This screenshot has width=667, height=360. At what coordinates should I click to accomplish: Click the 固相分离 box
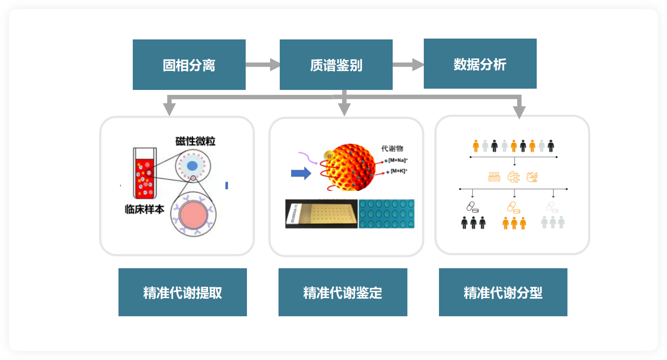point(189,65)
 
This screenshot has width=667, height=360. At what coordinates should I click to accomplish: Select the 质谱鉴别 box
point(336,65)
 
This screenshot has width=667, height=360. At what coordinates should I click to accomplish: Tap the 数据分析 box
point(480,64)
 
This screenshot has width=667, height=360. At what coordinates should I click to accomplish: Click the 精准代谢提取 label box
point(182,292)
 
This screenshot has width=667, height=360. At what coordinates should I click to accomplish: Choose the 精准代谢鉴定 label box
point(343,292)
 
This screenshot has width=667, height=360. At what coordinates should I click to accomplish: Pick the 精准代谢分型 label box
point(503,292)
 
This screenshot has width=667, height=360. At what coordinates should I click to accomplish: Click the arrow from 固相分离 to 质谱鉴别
point(262,64)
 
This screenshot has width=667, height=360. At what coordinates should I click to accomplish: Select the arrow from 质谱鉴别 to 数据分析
point(408,64)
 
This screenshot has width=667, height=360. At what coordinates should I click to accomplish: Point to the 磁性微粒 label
point(195,141)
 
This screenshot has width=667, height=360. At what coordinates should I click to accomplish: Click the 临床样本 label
point(144,209)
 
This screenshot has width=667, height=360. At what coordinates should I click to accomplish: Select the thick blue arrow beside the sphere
point(301,173)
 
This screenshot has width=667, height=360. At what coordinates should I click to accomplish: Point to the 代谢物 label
point(392,149)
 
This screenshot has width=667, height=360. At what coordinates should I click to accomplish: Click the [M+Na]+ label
point(398,160)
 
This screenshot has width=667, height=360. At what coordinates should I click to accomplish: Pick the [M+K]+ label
point(399,171)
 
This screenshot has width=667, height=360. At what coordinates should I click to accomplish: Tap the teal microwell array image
point(386,214)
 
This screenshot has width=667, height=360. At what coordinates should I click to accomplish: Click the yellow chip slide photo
point(321,214)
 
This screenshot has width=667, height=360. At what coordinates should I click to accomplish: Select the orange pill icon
point(513,207)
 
